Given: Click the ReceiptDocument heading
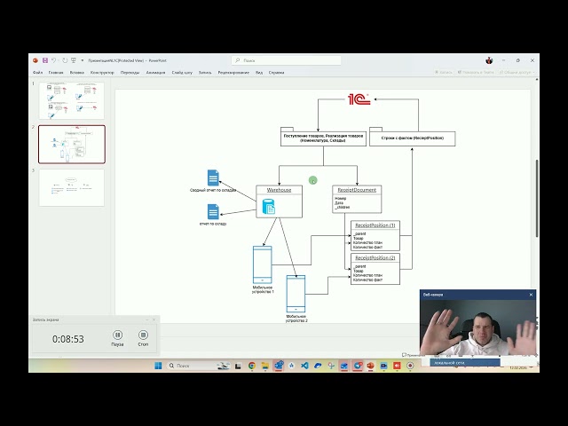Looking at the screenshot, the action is click(357, 190).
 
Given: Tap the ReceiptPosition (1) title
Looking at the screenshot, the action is click(375, 225).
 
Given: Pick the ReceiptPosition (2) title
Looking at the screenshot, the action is click(375, 257).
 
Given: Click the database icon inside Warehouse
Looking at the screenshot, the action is click(268, 207).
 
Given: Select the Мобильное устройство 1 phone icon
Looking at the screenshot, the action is click(262, 264).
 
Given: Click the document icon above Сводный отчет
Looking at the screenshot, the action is click(213, 177).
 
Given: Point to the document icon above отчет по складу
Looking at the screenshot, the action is click(213, 211).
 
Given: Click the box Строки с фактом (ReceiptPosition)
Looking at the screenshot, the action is click(412, 138).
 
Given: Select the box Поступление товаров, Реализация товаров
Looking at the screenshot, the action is click(323, 138).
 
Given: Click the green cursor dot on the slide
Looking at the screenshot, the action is click(313, 180).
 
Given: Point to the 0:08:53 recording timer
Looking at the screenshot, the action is click(68, 338).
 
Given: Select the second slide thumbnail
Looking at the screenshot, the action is click(72, 144).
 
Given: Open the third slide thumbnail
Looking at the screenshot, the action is click(72, 186).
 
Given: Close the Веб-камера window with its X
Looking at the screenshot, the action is click(531, 295).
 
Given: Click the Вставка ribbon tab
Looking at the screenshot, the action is click(77, 72).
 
